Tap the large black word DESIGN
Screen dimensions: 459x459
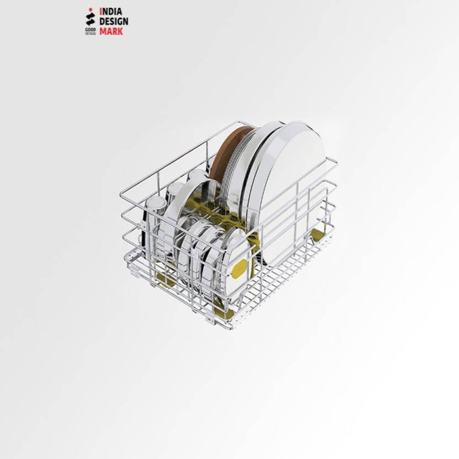(x=114, y=22)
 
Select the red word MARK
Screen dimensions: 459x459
(x=111, y=32)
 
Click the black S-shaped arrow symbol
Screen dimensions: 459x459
(x=90, y=19)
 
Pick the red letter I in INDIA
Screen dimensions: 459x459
(x=101, y=11)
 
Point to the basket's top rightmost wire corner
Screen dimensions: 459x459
(x=335, y=161)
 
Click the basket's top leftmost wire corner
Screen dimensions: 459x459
(x=121, y=194)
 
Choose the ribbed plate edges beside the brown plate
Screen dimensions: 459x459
(x=241, y=160)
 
